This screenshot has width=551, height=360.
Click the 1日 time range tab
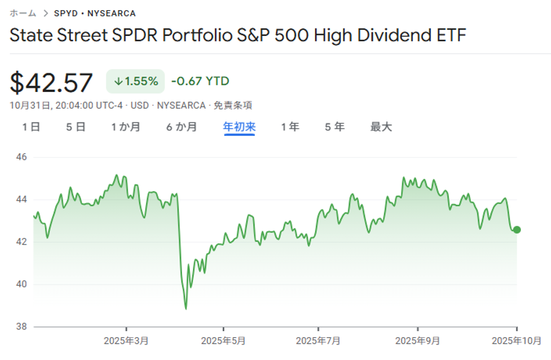coord(31,127)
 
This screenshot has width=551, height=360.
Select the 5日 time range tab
coord(76,127)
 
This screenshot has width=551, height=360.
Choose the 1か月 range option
coord(126,127)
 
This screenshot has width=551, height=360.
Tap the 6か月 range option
coord(181,127)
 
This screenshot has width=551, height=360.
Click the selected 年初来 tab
coord(239,127)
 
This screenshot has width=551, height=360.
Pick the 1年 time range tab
coord(290,127)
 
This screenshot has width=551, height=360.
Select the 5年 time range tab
coord(335,127)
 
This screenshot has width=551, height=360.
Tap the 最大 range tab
coord(381,127)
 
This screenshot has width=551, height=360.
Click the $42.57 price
coord(52,82)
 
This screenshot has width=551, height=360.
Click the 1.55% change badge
coord(135,81)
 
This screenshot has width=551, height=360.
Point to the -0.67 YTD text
coord(200,81)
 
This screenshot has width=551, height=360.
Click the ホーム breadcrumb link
coord(23,13)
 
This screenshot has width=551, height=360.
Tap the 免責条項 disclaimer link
coord(234,105)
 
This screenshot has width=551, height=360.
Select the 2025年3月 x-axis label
coord(126,341)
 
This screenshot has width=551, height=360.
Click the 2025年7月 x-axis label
coord(318,341)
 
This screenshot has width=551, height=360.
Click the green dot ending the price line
coord(517,230)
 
